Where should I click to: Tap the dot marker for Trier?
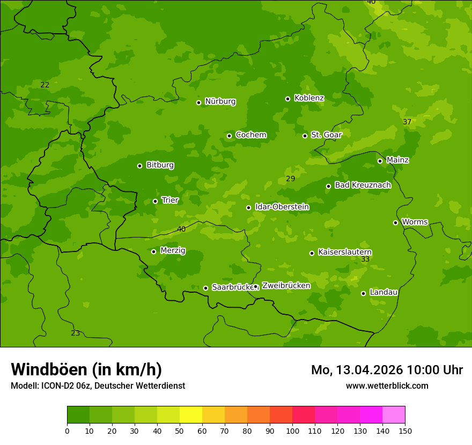tap(156, 201)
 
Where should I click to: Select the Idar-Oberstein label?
tap(282, 207)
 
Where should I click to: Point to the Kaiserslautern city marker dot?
tap(312, 253)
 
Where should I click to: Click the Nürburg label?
tap(220, 101)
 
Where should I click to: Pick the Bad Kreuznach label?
tap(363, 186)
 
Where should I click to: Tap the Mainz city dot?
tap(380, 161)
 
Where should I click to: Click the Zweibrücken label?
tap(286, 286)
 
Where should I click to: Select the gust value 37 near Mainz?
tap(407, 122)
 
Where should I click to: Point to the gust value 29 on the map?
tap(290, 179)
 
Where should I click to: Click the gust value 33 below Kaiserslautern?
tap(365, 259)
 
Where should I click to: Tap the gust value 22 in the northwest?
tap(45, 85)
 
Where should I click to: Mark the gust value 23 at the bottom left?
tap(76, 333)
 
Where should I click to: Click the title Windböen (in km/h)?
tap(86, 369)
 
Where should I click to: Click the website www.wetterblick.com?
tap(387, 386)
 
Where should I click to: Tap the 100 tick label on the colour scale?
tap(292, 430)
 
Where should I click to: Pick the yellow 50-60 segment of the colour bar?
tap(191, 415)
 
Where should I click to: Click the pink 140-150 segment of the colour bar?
tap(393, 415)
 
